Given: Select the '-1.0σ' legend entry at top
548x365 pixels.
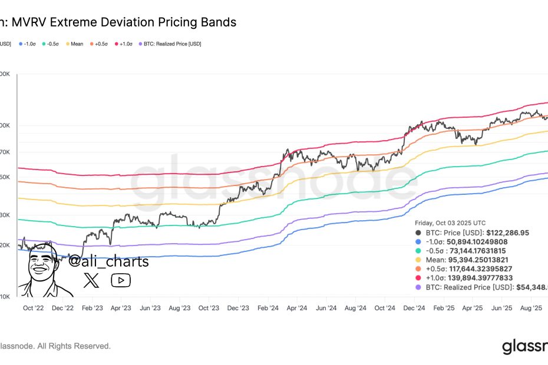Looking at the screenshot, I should [29, 44].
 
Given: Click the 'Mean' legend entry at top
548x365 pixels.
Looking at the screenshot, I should [77, 44].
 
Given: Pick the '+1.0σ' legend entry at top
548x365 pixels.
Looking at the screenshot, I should [125, 44].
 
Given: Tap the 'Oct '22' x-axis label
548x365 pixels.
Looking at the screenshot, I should [33, 308].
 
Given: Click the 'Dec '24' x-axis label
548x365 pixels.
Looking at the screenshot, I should [414, 308].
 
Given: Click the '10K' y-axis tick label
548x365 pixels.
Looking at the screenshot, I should [4, 297].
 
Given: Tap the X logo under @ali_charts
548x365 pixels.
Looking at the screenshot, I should [92, 280].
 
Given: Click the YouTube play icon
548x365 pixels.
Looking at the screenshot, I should [121, 280].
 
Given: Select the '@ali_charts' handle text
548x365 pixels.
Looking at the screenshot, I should [109, 261].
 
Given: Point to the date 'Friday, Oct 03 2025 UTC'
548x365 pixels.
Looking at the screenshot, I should [450, 223].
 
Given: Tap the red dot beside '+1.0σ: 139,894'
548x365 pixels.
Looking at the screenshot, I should [418, 278].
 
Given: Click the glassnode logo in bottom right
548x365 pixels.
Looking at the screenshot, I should [524, 347].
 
